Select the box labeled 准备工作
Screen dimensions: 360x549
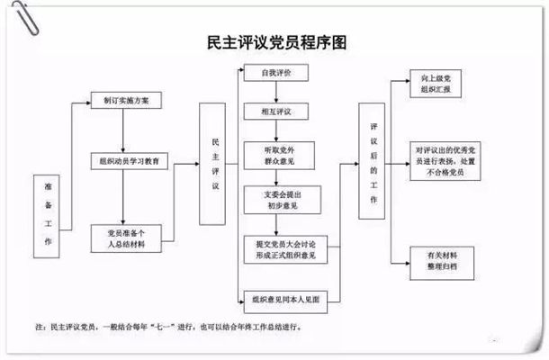click(49, 212)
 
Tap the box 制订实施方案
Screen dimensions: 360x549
click(125, 102)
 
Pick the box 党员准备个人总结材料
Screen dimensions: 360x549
click(125, 236)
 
